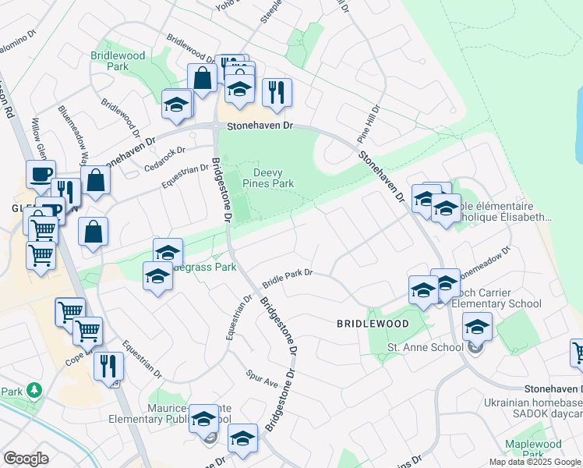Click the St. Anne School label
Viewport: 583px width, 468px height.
coord(426,347)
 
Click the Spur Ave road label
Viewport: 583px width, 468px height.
coord(262,379)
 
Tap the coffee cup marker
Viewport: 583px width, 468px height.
coord(41,174)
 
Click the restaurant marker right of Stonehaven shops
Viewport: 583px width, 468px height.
coord(277,92)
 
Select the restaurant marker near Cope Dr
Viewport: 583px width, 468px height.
coord(108,365)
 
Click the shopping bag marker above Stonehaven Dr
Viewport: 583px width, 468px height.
coord(202,78)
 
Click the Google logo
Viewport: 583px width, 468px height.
coord(26,459)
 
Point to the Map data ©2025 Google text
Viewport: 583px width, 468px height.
coord(535,462)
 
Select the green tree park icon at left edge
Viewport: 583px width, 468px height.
coord(33,389)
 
